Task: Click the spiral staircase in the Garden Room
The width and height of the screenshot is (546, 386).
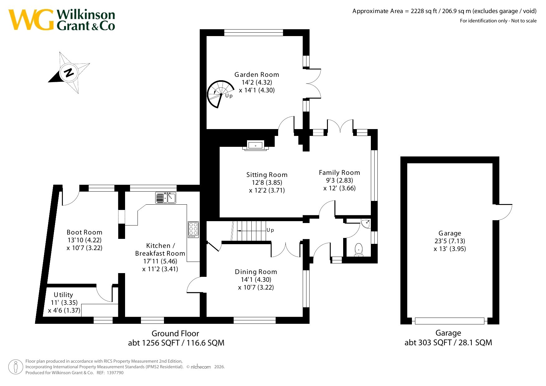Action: pos(220,94)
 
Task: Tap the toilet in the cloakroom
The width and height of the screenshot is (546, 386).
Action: pos(359,250)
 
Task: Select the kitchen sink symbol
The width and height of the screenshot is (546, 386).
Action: pos(166,198)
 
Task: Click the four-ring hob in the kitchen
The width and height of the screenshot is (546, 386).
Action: pos(193,230)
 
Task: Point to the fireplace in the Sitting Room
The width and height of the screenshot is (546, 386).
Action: pos(255,145)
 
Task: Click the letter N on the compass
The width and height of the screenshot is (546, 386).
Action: pos(69,72)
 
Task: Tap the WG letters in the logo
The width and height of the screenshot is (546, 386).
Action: pos(31,20)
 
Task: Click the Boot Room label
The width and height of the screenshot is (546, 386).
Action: pos(84,232)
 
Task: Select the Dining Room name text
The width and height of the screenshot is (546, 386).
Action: pos(256,272)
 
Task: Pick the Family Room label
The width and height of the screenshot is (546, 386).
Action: pos(339,173)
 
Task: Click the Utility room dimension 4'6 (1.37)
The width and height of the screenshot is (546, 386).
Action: pos(64,310)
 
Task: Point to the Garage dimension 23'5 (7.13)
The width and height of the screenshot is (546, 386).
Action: pos(450,241)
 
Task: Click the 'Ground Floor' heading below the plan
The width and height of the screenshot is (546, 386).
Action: pos(175,333)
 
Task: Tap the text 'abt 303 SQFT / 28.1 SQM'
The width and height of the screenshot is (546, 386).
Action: pos(448,343)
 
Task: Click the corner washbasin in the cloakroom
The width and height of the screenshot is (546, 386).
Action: pos(366,224)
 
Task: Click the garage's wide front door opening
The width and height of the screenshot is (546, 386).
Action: pos(450,321)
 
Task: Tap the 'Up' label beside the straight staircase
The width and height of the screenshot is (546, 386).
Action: pos(270,230)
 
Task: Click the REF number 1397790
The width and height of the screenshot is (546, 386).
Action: pos(115,373)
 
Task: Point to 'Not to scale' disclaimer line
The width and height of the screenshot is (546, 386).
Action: pos(498,21)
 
